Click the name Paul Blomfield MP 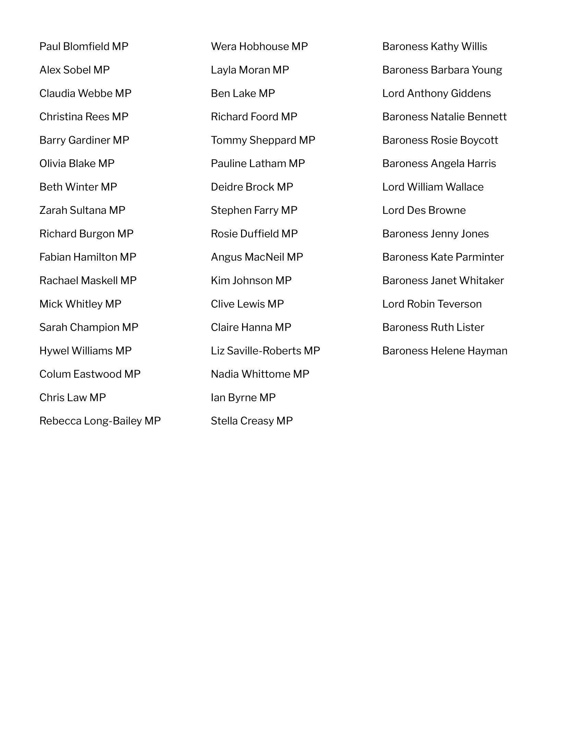pos(84,46)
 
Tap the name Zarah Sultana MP pos(82,210)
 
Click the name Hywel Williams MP pos(85,351)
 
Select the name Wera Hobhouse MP pos(259,46)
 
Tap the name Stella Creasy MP pos(251,421)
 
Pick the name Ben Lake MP pos(243,93)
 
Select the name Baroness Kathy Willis pos(435,46)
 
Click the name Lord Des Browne pos(424,210)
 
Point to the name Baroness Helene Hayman pos(444,351)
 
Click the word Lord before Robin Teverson pos(393,304)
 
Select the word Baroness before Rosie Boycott pos(405,140)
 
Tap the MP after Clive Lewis pos(275,304)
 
